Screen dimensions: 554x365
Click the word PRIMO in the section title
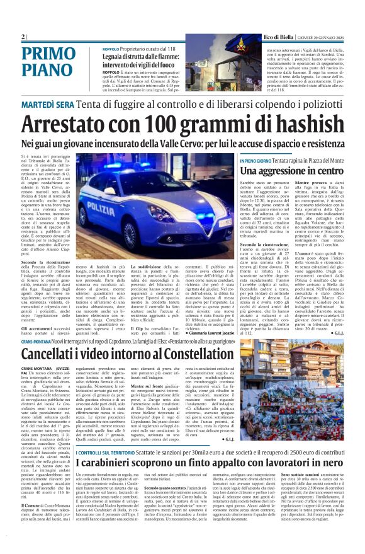point(47,54)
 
